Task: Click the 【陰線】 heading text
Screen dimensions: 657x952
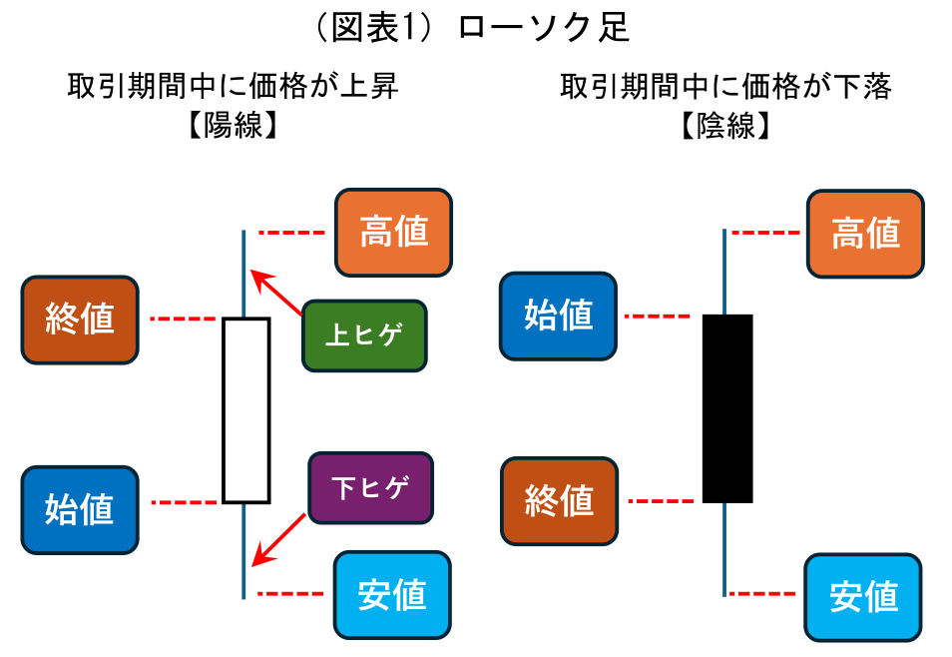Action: click(725, 127)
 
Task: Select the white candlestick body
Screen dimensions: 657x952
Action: click(245, 409)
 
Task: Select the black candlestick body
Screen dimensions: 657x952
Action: click(727, 407)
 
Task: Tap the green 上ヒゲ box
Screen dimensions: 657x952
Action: click(364, 335)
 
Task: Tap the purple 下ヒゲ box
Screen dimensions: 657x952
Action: click(371, 487)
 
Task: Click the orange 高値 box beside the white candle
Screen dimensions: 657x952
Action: click(393, 232)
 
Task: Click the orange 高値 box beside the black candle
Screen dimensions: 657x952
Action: click(865, 234)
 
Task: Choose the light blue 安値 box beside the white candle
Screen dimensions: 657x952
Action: click(393, 595)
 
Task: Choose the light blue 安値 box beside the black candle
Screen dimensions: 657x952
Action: click(864, 597)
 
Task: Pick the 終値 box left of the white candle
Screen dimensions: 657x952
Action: click(80, 320)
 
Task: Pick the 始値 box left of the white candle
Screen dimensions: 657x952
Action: click(80, 510)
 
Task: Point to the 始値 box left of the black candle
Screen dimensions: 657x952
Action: click(559, 316)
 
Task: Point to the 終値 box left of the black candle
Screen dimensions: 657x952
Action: click(559, 500)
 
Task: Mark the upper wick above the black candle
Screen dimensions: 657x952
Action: click(724, 272)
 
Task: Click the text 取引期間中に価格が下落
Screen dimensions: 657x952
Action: click(725, 87)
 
